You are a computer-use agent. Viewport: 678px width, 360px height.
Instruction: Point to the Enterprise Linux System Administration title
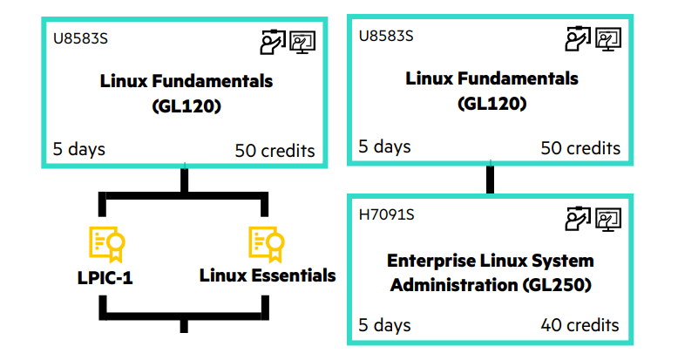492,273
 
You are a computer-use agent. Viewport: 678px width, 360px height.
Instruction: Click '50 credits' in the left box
275,150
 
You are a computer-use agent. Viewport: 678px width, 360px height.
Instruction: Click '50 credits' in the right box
580,147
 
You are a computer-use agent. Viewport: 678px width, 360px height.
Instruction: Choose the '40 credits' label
580,325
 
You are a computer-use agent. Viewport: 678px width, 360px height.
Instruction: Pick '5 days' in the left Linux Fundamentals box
78,149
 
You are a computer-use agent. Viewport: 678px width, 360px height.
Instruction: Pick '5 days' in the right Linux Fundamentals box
384,146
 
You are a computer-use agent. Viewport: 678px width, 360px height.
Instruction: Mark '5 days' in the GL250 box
384,325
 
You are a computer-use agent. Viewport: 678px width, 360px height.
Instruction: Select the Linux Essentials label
268,275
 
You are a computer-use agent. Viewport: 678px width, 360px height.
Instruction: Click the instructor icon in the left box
273,41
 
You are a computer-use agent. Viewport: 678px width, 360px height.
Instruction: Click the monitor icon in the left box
302,41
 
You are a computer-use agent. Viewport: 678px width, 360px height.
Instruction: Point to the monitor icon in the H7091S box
608,219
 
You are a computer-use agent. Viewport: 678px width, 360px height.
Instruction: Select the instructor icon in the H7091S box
579,219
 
